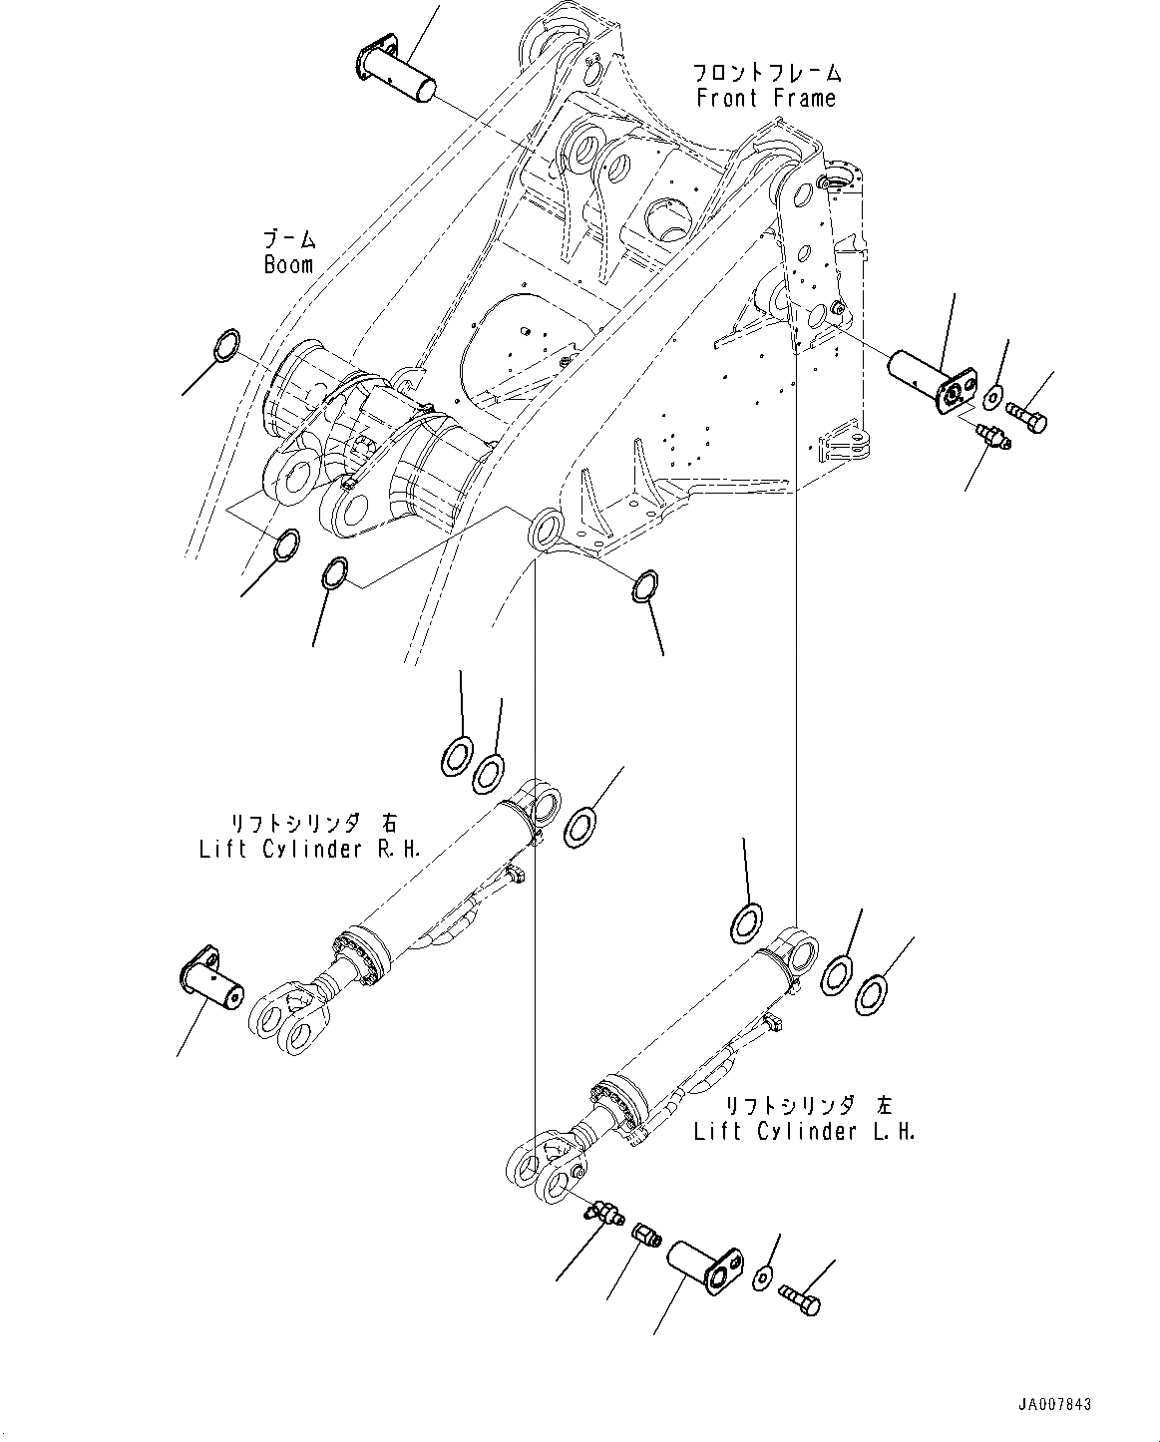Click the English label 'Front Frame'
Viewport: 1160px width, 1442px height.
[765, 98]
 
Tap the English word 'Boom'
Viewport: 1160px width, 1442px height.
[288, 264]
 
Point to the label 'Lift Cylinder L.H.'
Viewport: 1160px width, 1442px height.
[805, 1132]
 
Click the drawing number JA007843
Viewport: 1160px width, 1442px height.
[1054, 1404]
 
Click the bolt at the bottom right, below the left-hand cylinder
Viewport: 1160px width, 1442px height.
[802, 1297]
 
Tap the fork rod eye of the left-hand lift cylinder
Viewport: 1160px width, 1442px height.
[544, 1167]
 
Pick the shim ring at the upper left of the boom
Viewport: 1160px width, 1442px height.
[227, 345]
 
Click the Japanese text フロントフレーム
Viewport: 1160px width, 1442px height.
[767, 73]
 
